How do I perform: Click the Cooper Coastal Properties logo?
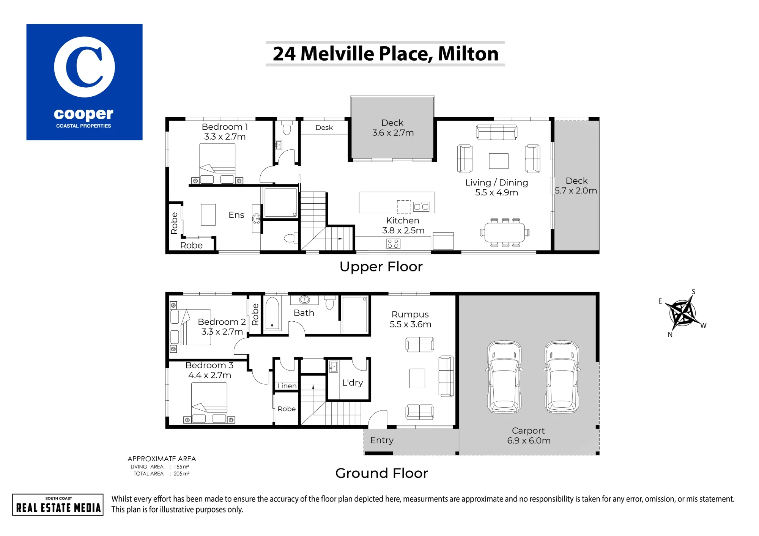coord(84,82)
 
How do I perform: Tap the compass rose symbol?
coord(683,313)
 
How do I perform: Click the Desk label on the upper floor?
coord(324,127)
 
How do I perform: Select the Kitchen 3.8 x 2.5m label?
coord(403,225)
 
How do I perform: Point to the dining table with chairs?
coord(504,233)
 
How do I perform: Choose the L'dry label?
coord(353,383)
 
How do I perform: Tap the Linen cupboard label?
coord(287,386)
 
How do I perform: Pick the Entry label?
coord(382,440)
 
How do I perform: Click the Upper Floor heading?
coord(381,267)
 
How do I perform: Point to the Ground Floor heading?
coord(381,473)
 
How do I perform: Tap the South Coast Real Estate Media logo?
coord(58,505)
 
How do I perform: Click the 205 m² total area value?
coord(181,474)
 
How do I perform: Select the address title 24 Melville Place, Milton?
coord(386,53)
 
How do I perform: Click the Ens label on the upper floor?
coord(236,215)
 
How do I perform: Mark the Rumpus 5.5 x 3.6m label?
coord(410,319)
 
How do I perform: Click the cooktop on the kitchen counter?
coord(393,244)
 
